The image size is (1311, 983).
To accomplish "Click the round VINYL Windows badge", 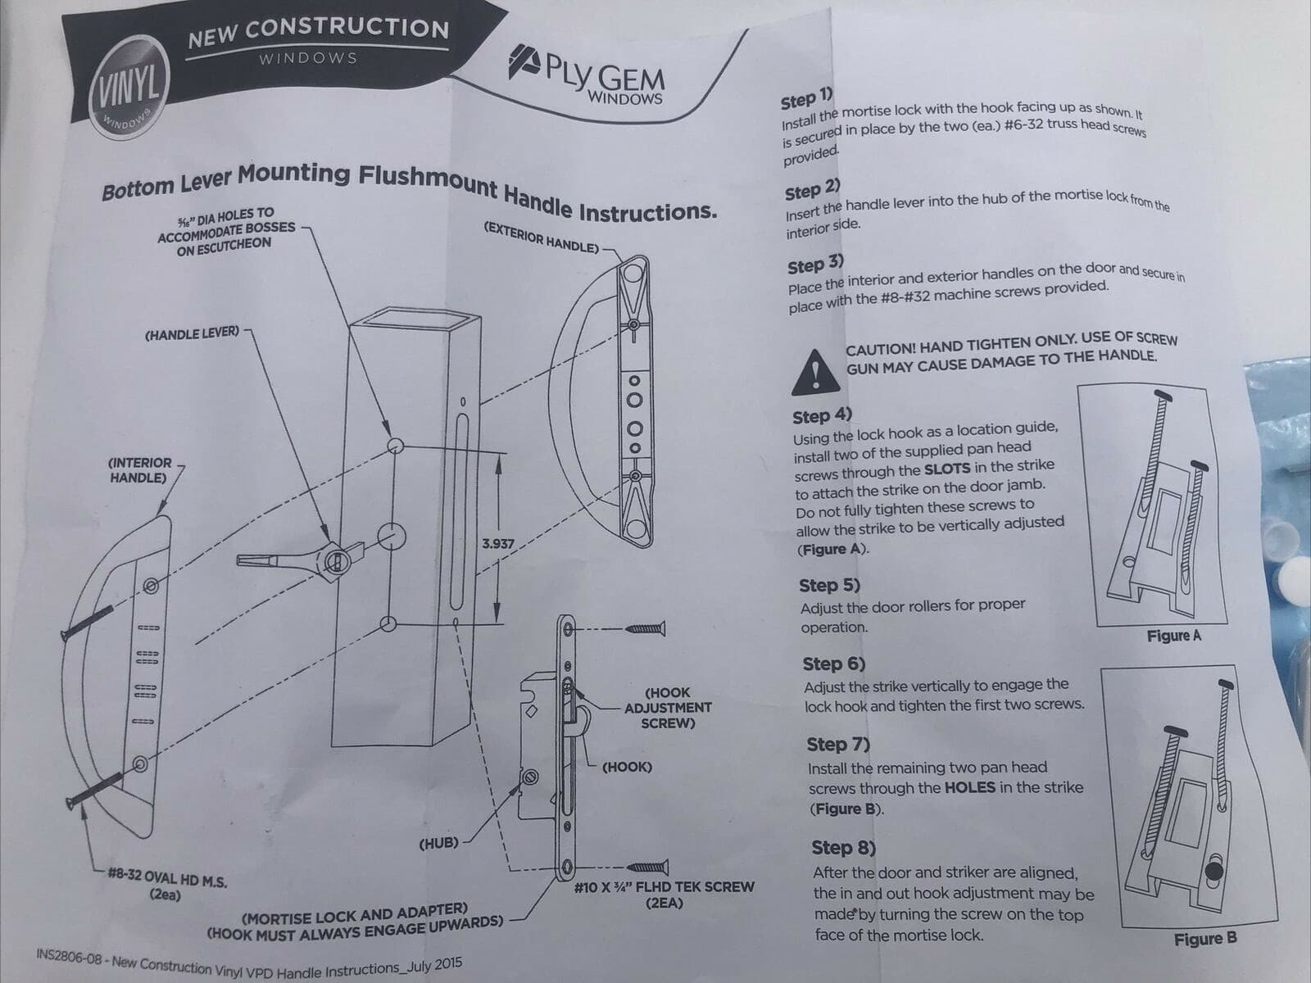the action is coord(129,87).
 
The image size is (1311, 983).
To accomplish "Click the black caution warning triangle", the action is coord(816,373).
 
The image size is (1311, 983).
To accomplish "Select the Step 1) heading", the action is coord(806,99).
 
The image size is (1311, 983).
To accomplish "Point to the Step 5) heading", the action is coord(829,586).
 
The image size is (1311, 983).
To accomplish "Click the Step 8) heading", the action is coord(843,848).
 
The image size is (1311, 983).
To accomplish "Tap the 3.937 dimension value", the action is coord(498,544).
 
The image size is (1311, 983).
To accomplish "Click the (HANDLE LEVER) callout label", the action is coord(192,333).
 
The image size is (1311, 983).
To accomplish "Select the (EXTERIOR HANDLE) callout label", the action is coord(541,238).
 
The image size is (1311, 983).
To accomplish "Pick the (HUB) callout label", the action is coord(438,844).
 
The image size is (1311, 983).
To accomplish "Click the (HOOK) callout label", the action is coord(627,767).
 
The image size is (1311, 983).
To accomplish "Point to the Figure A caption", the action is coord(1173,636).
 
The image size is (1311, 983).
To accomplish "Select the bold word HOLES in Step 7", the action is coord(970,788).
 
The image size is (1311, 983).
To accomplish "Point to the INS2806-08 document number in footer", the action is coord(69,956).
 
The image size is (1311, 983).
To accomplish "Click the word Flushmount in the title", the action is coord(427,181).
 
